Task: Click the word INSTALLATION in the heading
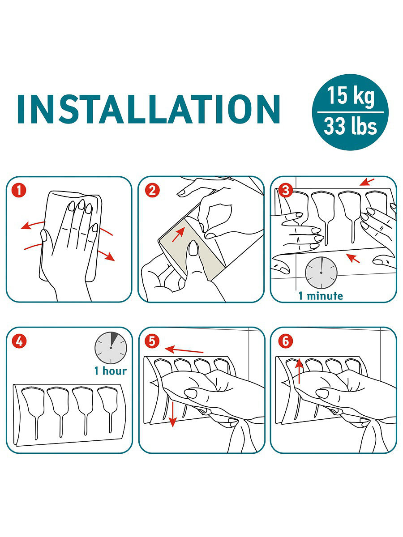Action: tap(149, 109)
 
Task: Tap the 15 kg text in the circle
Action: tap(351, 96)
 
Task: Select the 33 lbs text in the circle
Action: tap(351, 126)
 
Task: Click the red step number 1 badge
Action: tap(19, 191)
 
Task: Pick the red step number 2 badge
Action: tap(152, 191)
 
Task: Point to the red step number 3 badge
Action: tap(286, 191)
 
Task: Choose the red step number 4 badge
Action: tap(19, 341)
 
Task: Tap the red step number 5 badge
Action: tap(152, 341)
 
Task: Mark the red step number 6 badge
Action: tap(286, 341)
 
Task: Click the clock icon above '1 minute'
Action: tap(321, 273)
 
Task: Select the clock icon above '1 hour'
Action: tap(111, 348)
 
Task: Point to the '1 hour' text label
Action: tap(111, 371)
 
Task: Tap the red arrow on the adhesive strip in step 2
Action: tap(178, 234)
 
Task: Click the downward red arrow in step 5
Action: tap(173, 413)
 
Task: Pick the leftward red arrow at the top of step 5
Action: tap(184, 349)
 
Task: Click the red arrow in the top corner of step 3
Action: tap(367, 182)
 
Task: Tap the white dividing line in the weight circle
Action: tap(351, 112)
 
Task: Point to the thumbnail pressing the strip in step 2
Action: tap(193, 247)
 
